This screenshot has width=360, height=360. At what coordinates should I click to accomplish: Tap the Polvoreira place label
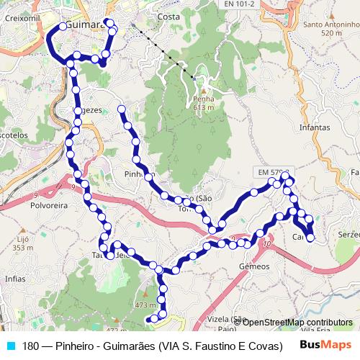[27, 204]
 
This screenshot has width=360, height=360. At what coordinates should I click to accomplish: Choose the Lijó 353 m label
[23, 243]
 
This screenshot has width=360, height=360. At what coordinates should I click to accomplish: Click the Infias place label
[14, 277]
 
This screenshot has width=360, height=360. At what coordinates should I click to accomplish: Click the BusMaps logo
[325, 346]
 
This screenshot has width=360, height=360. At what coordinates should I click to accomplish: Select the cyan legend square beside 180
[9, 346]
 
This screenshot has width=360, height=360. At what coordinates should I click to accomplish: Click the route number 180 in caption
[30, 346]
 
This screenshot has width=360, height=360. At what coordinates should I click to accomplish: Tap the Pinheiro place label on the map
[139, 174]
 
